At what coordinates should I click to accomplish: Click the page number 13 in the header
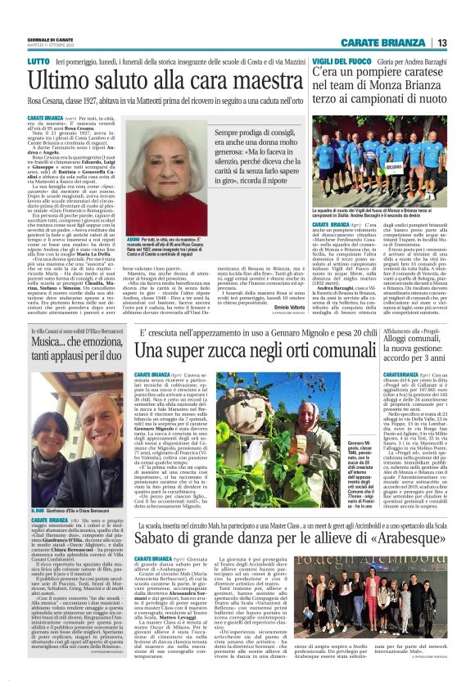click(441, 43)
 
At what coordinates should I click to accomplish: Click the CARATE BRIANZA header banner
click(390, 43)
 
